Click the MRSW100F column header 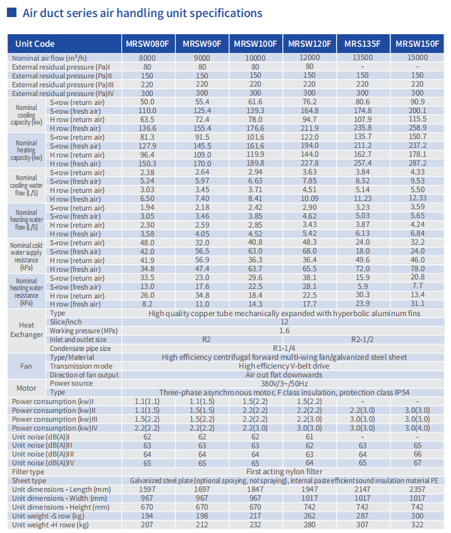click(x=255, y=44)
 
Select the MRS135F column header click(x=363, y=44)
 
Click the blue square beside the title click(x=12, y=13)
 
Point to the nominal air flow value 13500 click(x=363, y=58)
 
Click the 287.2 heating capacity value click(x=418, y=163)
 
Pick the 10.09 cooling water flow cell click(x=310, y=198)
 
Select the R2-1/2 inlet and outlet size click(x=363, y=340)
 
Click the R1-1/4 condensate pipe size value click(x=284, y=348)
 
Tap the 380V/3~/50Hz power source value click(x=284, y=383)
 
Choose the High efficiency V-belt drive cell click(x=284, y=365)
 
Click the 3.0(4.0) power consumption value click(x=417, y=427)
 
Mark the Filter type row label click(x=28, y=472)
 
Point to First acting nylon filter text click(x=284, y=472)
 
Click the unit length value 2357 click(x=417, y=489)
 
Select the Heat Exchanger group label click(x=27, y=329)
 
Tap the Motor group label click(x=27, y=388)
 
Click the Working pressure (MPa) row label click(x=83, y=331)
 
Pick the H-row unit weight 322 click(x=417, y=525)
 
